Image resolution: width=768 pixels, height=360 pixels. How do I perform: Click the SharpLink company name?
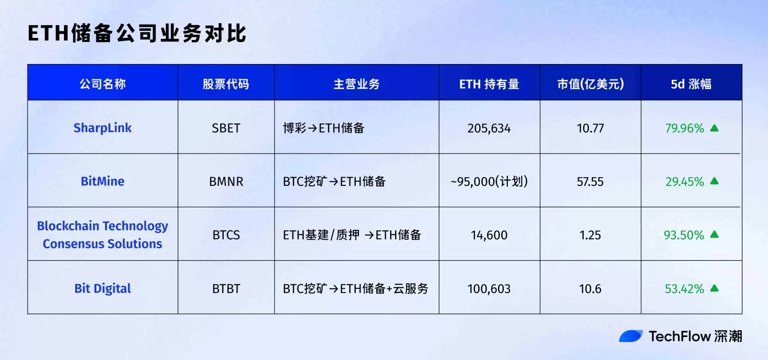(102, 128)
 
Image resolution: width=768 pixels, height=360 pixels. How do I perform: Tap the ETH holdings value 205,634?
(489, 128)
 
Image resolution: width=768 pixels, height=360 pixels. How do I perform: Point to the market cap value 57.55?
(590, 181)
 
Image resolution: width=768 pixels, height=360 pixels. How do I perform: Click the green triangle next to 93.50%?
(714, 235)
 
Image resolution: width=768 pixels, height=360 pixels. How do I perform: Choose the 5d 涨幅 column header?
(691, 84)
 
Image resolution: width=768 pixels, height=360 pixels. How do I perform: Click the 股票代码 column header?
(226, 84)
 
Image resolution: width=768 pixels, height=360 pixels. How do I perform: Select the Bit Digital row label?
(102, 288)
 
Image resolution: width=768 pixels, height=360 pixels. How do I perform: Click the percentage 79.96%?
(685, 128)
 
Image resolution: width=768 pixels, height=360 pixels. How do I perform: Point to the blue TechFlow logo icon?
(631, 336)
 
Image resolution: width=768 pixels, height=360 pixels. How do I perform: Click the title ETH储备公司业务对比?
(137, 33)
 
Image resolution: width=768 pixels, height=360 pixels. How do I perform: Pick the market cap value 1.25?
(590, 235)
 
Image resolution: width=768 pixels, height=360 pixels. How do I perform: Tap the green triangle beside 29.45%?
(714, 181)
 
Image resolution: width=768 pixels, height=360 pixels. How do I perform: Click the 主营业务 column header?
(356, 84)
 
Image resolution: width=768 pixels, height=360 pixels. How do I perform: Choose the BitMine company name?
(102, 181)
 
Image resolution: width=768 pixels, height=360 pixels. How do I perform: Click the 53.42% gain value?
(685, 289)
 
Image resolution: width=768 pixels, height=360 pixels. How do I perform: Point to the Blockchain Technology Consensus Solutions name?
(102, 235)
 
